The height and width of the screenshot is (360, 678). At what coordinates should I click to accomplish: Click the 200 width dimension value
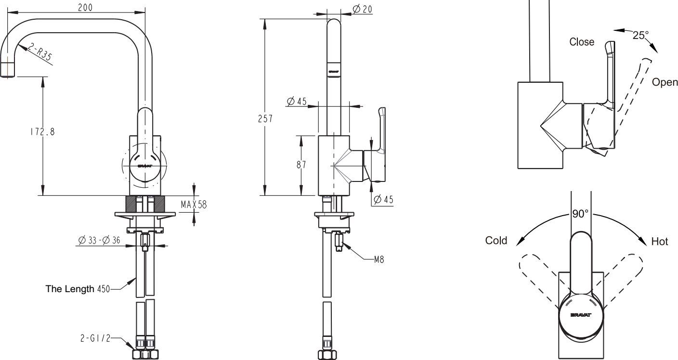pyautogui.click(x=84, y=7)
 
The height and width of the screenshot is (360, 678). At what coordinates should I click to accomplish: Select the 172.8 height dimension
pyautogui.click(x=42, y=131)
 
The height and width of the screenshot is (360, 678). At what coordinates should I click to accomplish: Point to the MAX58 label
pyautogui.click(x=194, y=205)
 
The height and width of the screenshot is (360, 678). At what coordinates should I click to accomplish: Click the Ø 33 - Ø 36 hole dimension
pyautogui.click(x=99, y=241)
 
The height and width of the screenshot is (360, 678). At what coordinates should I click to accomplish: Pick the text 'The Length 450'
pyautogui.click(x=78, y=289)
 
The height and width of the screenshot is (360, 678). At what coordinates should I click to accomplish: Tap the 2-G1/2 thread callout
pyautogui.click(x=95, y=338)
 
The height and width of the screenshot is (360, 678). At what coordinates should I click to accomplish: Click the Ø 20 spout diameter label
pyautogui.click(x=362, y=9)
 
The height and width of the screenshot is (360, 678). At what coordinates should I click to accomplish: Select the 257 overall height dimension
pyautogui.click(x=265, y=118)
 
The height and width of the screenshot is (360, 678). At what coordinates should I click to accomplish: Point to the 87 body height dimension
pyautogui.click(x=301, y=165)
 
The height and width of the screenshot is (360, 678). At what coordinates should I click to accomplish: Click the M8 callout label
pyautogui.click(x=379, y=260)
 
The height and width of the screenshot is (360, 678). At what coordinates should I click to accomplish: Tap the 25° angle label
pyautogui.click(x=640, y=35)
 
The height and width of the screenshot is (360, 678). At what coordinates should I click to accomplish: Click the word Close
pyautogui.click(x=582, y=42)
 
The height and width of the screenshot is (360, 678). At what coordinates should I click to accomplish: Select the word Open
pyautogui.click(x=665, y=82)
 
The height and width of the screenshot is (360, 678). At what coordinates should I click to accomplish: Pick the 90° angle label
pyautogui.click(x=581, y=214)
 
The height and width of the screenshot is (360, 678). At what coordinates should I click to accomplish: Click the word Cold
pyautogui.click(x=496, y=241)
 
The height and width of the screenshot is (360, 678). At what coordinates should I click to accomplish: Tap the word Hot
pyautogui.click(x=659, y=242)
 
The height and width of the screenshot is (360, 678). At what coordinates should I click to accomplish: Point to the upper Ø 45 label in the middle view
pyautogui.click(x=297, y=102)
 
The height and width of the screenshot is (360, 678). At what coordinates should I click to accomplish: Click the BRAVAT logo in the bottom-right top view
pyautogui.click(x=581, y=315)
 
